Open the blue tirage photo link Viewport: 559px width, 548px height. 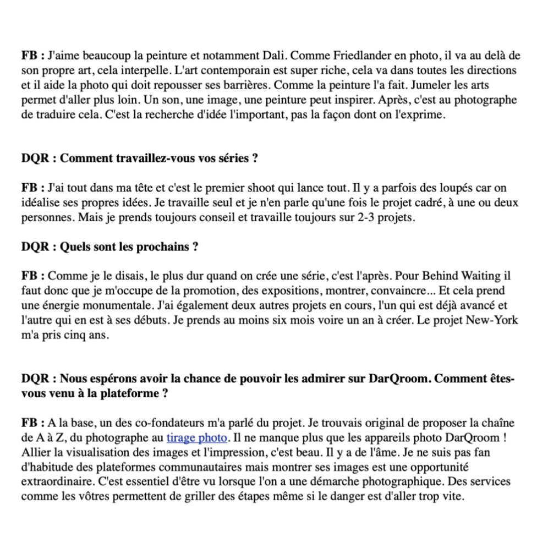coord(196,439)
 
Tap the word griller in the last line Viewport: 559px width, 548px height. coord(247,497)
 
